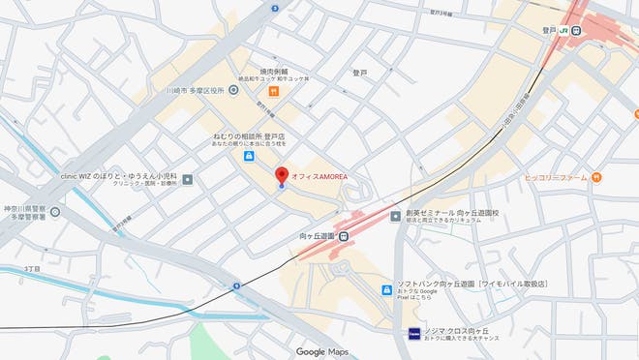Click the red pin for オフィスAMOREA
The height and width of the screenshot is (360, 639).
(282, 175)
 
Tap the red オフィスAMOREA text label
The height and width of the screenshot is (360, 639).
(319, 176)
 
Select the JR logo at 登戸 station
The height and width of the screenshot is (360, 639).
(561, 30)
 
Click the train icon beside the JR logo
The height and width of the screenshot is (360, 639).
(575, 30)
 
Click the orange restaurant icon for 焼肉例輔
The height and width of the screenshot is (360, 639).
(275, 91)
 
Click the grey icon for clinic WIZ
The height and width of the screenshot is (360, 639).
(187, 179)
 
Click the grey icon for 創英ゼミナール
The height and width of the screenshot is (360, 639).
(395, 217)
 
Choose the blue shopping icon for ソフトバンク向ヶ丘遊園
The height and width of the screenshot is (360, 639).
(387, 289)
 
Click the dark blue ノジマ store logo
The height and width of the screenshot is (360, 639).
(412, 334)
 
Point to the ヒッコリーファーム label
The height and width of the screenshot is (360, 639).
(557, 177)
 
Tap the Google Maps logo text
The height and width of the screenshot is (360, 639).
(322, 351)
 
